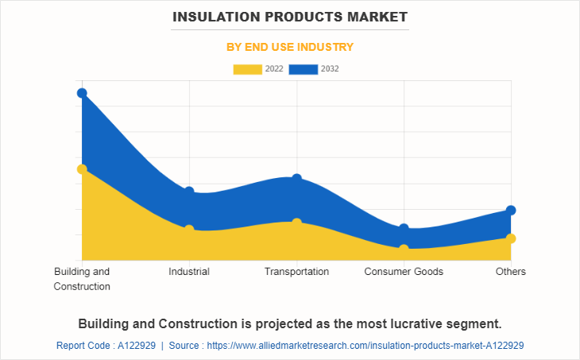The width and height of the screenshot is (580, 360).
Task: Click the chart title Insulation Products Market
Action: (x=290, y=16)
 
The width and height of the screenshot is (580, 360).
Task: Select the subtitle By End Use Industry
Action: (x=290, y=47)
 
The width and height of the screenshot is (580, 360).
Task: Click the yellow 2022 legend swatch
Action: (x=248, y=69)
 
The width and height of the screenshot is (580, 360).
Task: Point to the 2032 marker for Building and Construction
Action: (x=82, y=93)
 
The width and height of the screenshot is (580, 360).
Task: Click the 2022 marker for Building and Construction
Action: (x=82, y=168)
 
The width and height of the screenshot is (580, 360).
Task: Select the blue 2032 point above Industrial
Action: (x=189, y=192)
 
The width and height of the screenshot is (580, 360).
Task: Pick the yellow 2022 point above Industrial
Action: (x=189, y=230)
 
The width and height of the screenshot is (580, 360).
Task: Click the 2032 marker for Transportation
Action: (x=296, y=179)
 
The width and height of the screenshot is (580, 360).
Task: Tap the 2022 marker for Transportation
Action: (x=296, y=223)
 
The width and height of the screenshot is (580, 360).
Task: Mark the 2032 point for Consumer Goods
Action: (x=404, y=229)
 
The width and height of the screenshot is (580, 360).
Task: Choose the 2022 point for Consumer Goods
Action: (x=404, y=249)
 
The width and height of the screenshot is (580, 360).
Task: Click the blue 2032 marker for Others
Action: (x=511, y=210)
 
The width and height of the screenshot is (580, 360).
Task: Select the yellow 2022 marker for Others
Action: (x=511, y=238)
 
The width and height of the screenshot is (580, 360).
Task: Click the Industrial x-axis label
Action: (x=189, y=272)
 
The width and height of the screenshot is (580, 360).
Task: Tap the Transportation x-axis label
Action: (x=296, y=272)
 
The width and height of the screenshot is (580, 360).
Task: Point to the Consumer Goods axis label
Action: (x=404, y=272)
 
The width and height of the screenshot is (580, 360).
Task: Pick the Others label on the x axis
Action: (x=511, y=272)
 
